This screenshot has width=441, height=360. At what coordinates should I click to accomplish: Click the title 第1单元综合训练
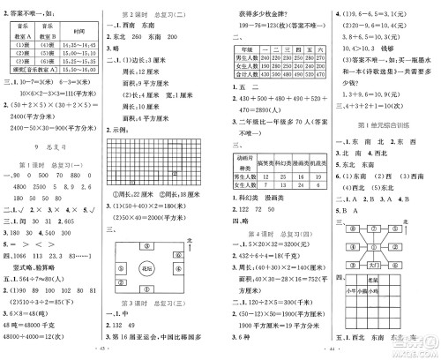click(385, 127)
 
